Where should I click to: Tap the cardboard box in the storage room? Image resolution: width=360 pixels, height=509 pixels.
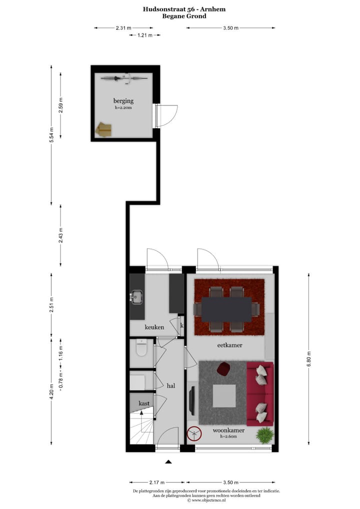[x=104, y=129]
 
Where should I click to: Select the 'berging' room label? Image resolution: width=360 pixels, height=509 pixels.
[x=123, y=101]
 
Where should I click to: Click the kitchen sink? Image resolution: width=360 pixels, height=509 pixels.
[x=136, y=297]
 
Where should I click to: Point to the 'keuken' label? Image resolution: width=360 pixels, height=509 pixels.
[x=154, y=327]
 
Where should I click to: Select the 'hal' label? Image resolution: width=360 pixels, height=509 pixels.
[x=171, y=385]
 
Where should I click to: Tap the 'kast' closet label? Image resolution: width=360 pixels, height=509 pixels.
[x=144, y=402]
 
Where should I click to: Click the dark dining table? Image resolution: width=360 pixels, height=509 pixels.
[x=226, y=309]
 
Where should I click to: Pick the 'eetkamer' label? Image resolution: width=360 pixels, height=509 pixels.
[x=230, y=344]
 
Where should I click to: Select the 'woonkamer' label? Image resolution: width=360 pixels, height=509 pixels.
[x=228, y=430]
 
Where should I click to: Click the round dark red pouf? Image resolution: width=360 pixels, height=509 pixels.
[x=223, y=369]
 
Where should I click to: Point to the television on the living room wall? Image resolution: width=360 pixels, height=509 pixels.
[x=192, y=400]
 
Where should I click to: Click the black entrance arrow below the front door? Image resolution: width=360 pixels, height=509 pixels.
[x=168, y=462]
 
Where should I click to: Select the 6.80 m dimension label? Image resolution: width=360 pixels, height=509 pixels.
[x=308, y=358]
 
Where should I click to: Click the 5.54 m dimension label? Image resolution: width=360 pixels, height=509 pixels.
[x=51, y=135]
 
